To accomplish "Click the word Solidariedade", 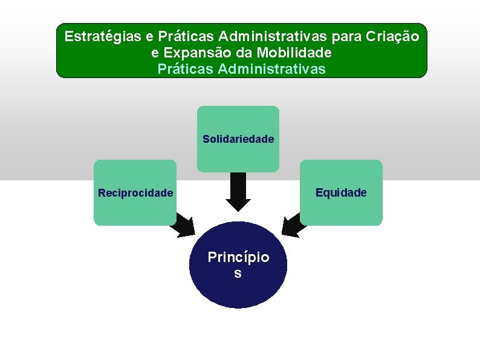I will pyautogui.click(x=238, y=139).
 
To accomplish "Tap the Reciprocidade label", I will pyautogui.click(x=135, y=193).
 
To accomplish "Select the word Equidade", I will pyautogui.click(x=341, y=192).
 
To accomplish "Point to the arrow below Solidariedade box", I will pyautogui.click(x=238, y=191).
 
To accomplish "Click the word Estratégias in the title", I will pyautogui.click(x=102, y=36).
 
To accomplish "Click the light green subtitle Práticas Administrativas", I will pyautogui.click(x=241, y=69).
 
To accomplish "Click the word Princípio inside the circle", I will pyautogui.click(x=238, y=257).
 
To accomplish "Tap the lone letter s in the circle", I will pyautogui.click(x=238, y=273).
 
